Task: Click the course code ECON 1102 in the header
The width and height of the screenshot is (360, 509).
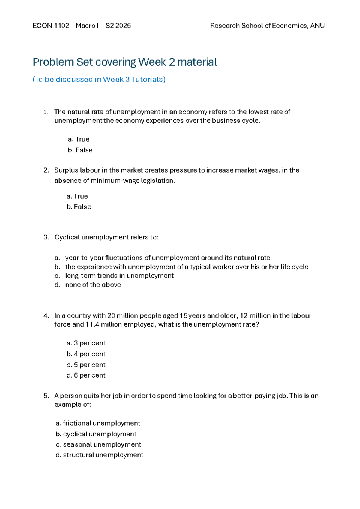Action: click(x=51, y=26)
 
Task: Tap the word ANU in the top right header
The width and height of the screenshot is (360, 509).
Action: click(x=317, y=26)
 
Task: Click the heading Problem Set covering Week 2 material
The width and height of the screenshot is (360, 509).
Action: click(x=125, y=62)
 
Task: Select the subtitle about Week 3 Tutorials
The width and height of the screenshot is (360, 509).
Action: click(x=99, y=79)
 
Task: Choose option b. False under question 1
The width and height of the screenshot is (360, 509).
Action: click(x=80, y=150)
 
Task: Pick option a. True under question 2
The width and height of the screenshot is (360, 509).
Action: click(x=77, y=196)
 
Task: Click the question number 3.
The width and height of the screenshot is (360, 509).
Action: click(x=46, y=237)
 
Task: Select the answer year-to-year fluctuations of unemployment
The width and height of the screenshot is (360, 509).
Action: click(x=167, y=258)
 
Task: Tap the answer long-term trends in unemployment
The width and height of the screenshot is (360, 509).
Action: click(x=119, y=276)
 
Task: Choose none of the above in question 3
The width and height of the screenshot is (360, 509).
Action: click(x=93, y=285)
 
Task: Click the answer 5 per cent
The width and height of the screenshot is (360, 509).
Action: click(x=86, y=365)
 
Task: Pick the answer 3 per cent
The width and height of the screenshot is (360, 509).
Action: click(x=86, y=343)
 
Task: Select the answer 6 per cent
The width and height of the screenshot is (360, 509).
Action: click(x=86, y=375)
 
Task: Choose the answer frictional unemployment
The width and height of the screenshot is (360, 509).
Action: click(x=98, y=423)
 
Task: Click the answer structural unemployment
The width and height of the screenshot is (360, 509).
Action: click(x=100, y=455)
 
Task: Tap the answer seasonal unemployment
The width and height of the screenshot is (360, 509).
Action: click(x=98, y=444)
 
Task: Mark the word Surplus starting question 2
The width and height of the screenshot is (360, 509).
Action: click(x=66, y=170)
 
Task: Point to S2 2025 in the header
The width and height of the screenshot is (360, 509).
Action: click(x=118, y=26)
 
